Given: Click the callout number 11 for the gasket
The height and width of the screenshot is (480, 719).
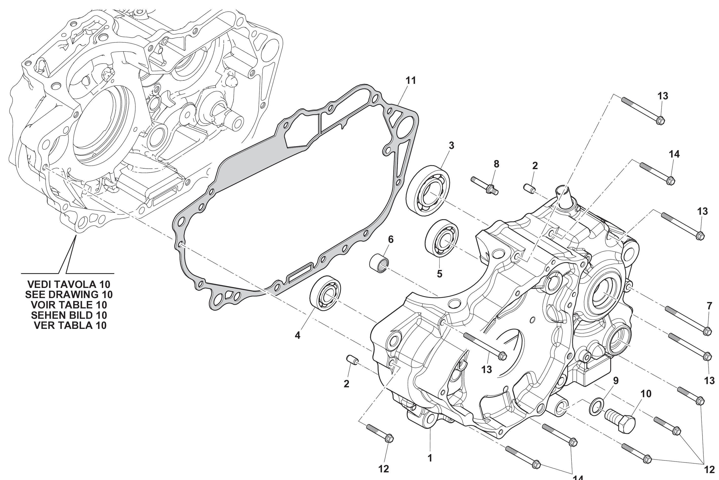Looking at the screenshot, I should pos(411,81).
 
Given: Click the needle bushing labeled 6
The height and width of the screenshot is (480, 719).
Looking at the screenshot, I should pos(380,264).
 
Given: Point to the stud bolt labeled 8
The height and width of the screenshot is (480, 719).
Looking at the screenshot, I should pos(486,186).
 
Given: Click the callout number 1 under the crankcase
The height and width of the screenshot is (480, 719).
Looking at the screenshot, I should pos(430,458).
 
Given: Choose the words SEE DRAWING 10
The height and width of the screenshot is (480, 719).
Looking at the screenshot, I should pos(69,295).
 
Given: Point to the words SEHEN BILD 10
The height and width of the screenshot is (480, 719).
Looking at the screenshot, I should pos(69,315).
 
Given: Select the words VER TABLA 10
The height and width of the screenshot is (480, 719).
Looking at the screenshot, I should pos(70,325).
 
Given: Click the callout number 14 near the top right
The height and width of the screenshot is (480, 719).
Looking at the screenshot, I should pos(674,154).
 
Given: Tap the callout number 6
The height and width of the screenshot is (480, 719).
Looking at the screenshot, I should pos(391,239).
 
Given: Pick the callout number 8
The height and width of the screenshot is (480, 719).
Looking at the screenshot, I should pos(496,164).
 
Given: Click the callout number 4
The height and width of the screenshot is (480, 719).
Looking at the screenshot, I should pos(298,335).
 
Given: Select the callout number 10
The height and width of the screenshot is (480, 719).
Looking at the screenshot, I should pos(646,394).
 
